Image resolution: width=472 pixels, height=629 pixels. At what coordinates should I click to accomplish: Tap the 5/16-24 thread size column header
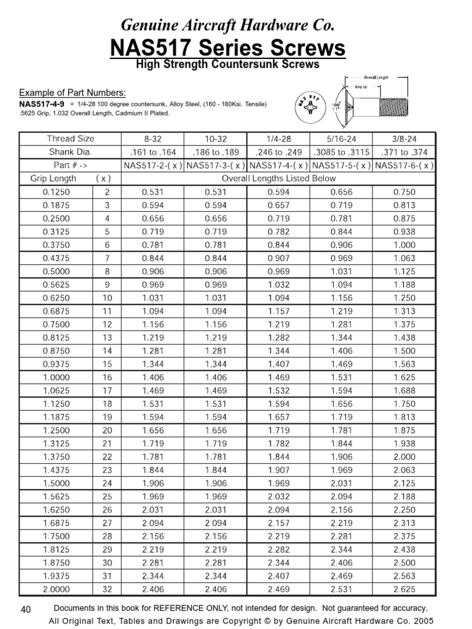(341, 139)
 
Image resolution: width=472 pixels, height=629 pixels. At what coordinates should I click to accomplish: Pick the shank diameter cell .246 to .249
(278, 152)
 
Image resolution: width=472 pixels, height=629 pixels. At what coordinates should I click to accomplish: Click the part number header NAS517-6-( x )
(404, 165)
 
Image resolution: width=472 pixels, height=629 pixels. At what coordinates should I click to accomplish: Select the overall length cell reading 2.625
(404, 590)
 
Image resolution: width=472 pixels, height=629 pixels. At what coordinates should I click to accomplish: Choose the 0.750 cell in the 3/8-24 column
(404, 192)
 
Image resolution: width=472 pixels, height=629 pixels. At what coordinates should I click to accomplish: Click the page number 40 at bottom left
(26, 609)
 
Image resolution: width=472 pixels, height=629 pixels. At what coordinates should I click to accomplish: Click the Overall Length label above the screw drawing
(378, 78)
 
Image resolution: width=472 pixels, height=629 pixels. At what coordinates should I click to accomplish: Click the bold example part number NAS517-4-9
(42, 104)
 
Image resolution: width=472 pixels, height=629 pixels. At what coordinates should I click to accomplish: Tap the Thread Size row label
(71, 139)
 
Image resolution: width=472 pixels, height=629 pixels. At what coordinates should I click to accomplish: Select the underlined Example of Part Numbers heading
(73, 93)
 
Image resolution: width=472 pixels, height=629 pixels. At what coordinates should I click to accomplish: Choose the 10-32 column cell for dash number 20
(215, 430)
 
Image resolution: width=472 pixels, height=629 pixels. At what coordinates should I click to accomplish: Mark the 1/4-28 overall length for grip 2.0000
(278, 590)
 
